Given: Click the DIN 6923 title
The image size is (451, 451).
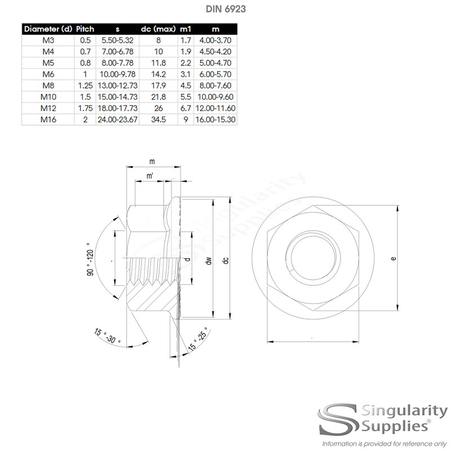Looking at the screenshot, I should click(225, 9).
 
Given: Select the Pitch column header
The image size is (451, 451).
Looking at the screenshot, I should click(85, 29).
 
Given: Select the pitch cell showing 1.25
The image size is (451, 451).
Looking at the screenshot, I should click(85, 85).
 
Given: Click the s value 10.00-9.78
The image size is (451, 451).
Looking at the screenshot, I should click(118, 74).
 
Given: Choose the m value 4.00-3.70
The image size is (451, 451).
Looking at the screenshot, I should click(215, 40).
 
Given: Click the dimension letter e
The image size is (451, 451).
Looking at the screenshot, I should click(393, 259).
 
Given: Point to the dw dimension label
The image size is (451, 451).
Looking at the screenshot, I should click(209, 260).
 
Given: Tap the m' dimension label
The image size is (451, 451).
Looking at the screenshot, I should click(149, 177).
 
